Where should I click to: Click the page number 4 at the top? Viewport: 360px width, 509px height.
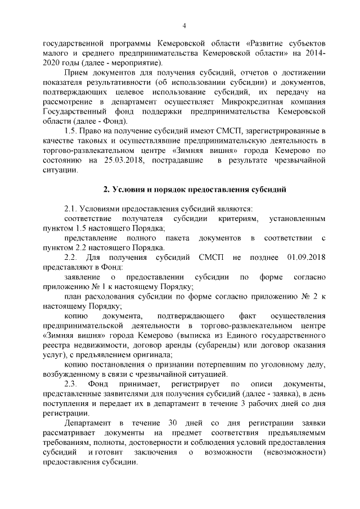pyautogui.click(x=184, y=25)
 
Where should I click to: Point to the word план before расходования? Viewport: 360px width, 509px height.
pyautogui.click(x=73, y=296)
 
